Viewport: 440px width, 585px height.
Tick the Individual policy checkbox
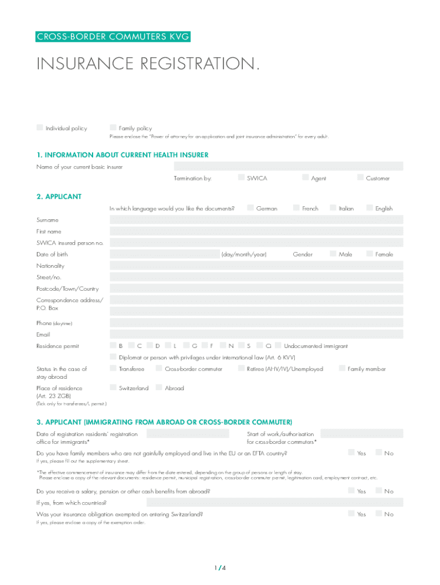point(39,127)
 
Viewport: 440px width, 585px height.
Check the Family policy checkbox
point(113,127)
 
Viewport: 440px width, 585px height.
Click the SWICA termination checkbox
point(241,178)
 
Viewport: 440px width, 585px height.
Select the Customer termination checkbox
point(361,178)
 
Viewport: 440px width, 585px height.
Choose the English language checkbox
point(369,208)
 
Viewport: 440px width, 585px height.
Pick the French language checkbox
point(296,208)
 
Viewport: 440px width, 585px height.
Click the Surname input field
point(256,220)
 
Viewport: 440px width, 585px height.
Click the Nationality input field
point(256,266)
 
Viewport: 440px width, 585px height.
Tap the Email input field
point(256,334)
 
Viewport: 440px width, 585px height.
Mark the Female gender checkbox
point(369,254)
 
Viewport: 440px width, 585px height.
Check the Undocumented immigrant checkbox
point(278,346)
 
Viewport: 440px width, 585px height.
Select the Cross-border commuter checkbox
point(159,368)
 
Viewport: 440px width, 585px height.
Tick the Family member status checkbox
point(342,368)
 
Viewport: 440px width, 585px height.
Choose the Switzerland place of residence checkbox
point(113,388)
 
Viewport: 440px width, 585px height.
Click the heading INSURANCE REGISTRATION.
point(147,65)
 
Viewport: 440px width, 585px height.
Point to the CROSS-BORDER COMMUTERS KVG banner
point(113,37)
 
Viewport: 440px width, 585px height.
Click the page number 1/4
point(220,568)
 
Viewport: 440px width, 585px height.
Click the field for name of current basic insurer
point(288,166)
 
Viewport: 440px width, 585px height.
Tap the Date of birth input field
point(164,254)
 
